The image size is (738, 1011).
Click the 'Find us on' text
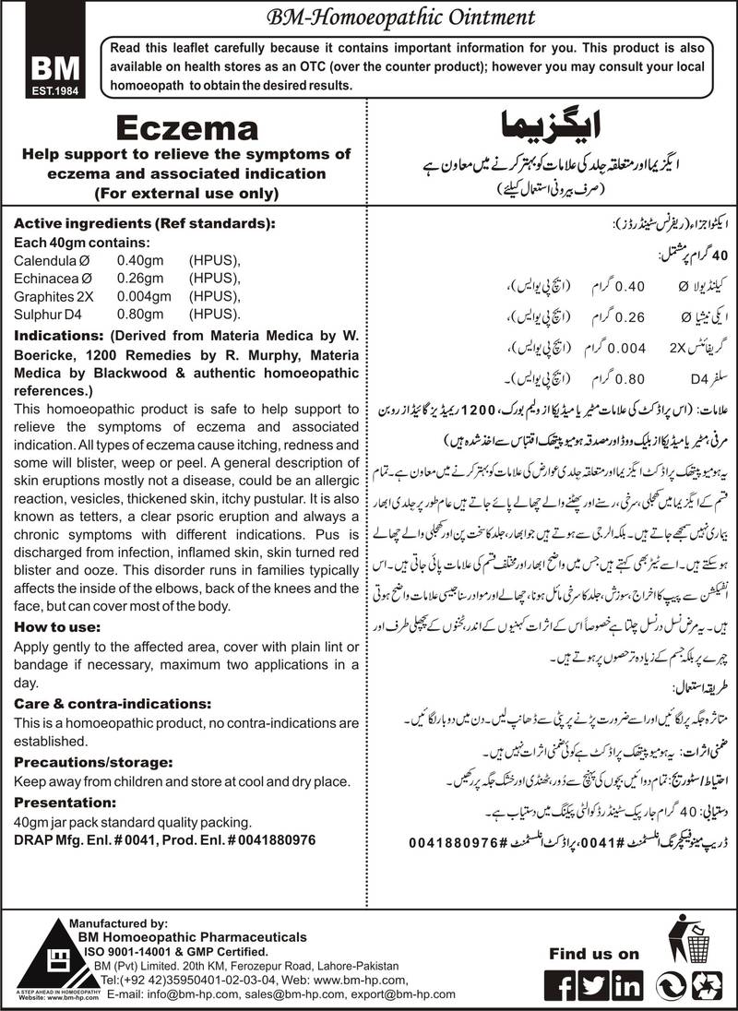click(594, 953)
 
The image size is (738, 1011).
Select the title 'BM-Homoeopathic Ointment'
click(369, 16)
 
